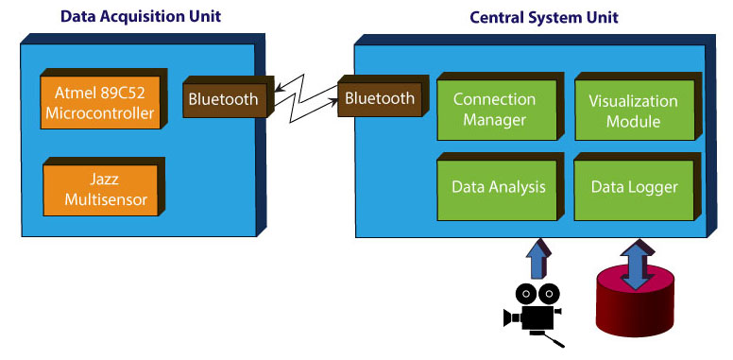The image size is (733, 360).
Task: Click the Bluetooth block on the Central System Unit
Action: click(x=380, y=98)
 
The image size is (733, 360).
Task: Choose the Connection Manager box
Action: click(x=494, y=110)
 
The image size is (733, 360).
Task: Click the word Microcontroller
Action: click(x=101, y=114)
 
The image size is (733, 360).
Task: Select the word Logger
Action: click(x=653, y=187)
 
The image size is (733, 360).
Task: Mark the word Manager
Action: click(x=494, y=120)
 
